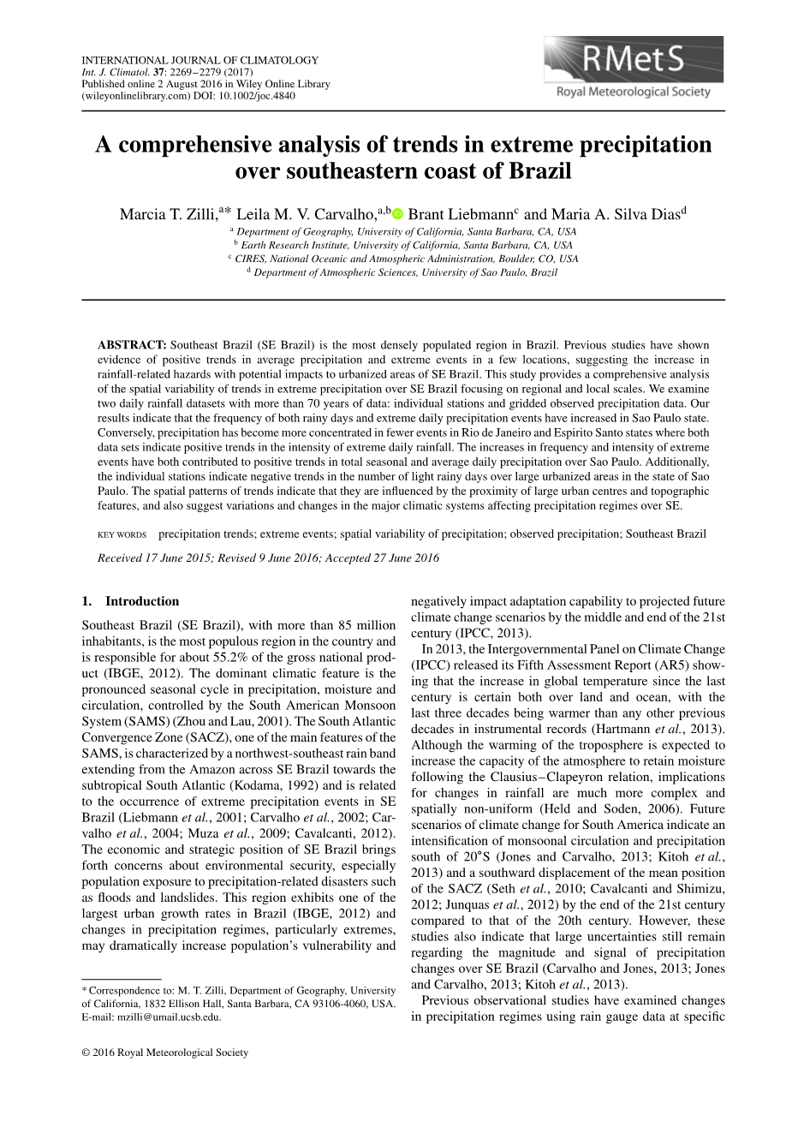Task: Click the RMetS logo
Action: coord(633,69)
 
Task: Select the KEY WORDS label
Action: coord(122,534)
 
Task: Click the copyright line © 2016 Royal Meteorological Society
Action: coord(165,1052)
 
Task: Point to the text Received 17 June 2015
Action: coord(152,558)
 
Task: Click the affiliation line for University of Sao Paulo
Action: coord(404,272)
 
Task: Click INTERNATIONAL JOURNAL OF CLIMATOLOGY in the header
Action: coord(199,60)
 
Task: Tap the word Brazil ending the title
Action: coord(540,170)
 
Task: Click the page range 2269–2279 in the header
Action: coord(196,72)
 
